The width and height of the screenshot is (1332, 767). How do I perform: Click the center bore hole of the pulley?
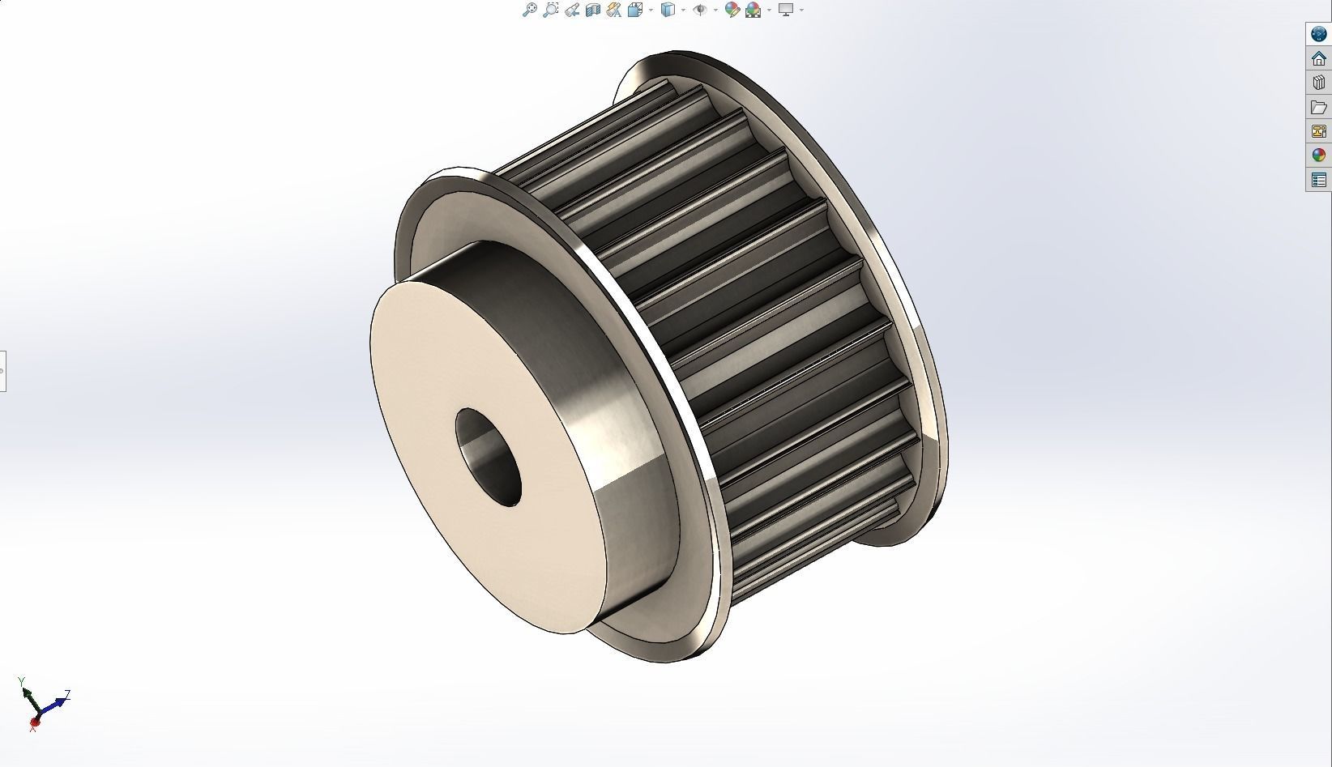(x=488, y=457)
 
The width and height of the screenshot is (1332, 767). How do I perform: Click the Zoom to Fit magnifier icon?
(x=529, y=10)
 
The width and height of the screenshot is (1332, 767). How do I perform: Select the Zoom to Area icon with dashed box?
(x=551, y=10)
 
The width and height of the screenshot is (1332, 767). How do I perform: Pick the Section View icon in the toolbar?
(x=592, y=10)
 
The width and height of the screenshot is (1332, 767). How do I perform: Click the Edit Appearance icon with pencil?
(x=732, y=10)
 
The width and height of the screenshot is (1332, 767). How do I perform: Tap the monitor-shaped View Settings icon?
(x=785, y=10)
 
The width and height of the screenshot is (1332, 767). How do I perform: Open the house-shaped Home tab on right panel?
(x=1318, y=58)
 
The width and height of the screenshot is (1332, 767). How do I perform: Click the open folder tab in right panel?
(x=1318, y=107)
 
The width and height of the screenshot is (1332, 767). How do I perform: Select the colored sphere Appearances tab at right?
(x=1318, y=156)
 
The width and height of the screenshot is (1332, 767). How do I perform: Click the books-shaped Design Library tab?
(x=1318, y=83)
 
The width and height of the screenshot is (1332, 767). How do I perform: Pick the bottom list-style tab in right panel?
(x=1318, y=180)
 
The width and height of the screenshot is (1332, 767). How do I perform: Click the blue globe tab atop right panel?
(x=1318, y=34)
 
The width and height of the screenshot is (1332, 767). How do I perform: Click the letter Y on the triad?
(x=21, y=681)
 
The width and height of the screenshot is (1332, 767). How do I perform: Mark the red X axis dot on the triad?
(x=35, y=721)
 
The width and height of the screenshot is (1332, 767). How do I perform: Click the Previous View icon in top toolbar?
(x=572, y=10)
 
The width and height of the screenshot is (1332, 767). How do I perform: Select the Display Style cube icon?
(x=668, y=10)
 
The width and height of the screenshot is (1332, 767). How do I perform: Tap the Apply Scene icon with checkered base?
(x=754, y=10)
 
